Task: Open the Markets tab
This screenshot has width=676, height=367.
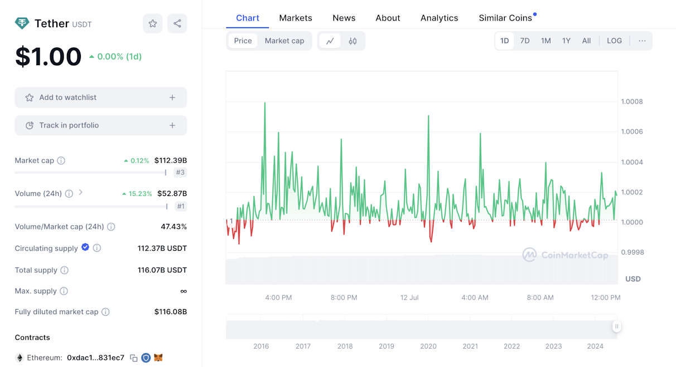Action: coord(296,18)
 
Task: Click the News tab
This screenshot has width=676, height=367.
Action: coord(344,18)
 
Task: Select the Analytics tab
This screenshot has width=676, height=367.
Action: coord(439,18)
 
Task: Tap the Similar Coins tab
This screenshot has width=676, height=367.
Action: coord(505,18)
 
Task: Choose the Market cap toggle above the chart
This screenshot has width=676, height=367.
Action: coord(284,41)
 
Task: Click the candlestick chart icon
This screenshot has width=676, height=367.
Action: coord(353,41)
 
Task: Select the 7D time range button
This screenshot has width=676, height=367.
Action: coord(524,41)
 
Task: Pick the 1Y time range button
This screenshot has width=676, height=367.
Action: coord(566,41)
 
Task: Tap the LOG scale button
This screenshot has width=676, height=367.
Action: coord(614,41)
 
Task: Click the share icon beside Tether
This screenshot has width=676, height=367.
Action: coord(177,23)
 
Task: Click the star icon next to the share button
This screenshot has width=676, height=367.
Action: coord(153,23)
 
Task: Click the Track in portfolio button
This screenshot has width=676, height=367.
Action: coord(101,125)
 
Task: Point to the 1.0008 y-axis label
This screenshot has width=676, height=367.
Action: coord(632,101)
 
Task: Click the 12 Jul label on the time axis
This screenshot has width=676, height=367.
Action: coord(409,298)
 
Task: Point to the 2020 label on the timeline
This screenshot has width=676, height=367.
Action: coord(428,346)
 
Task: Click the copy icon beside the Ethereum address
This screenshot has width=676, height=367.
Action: coord(134,358)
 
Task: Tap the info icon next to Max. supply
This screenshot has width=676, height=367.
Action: coord(64,291)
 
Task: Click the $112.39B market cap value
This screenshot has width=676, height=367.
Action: coord(171,160)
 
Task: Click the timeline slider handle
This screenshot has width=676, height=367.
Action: coord(616,326)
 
